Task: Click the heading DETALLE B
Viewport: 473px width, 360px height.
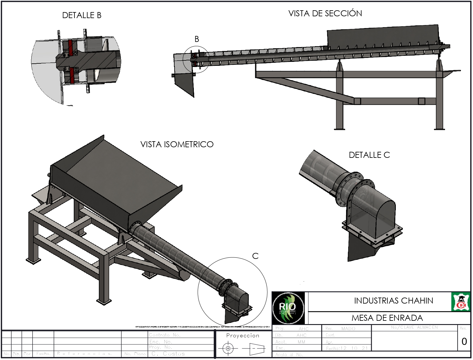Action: pyautogui.click(x=82, y=15)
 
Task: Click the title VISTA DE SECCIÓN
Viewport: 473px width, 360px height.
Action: pyautogui.click(x=325, y=14)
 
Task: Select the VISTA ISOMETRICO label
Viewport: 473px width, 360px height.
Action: pyautogui.click(x=177, y=145)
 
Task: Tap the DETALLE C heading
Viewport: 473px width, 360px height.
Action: pyautogui.click(x=369, y=155)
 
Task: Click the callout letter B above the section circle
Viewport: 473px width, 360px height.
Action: pyautogui.click(x=197, y=39)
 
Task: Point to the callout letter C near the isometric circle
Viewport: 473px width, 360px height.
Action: pyautogui.click(x=255, y=256)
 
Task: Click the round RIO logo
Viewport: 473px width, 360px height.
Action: pyautogui.click(x=288, y=308)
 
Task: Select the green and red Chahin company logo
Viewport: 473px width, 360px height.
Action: pyautogui.click(x=460, y=302)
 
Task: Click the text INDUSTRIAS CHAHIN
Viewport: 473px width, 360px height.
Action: pyautogui.click(x=393, y=301)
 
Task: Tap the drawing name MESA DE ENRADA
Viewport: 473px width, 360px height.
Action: pyautogui.click(x=387, y=318)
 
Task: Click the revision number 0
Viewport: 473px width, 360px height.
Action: pyautogui.click(x=464, y=342)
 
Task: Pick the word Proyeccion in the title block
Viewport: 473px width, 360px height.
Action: pyautogui.click(x=243, y=336)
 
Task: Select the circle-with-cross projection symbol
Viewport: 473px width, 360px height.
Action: pyautogui.click(x=228, y=349)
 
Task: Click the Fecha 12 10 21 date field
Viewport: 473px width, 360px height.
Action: pyautogui.click(x=347, y=348)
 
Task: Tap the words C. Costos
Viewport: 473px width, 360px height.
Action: pyautogui.click(x=168, y=354)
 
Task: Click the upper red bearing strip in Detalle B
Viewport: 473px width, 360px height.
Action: pyautogui.click(x=71, y=48)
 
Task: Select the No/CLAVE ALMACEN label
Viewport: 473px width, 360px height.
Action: pyautogui.click(x=414, y=327)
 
